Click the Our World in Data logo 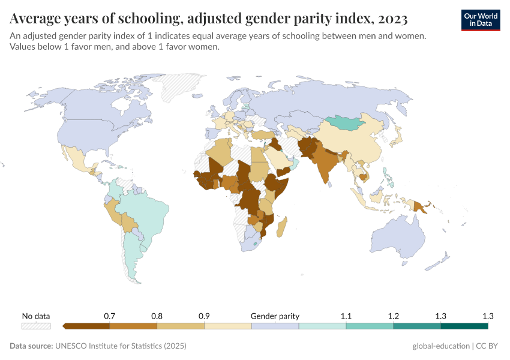[480, 20]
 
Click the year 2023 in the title [391, 19]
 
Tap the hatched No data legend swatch [36, 326]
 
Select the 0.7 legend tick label [109, 316]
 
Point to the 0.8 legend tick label [157, 316]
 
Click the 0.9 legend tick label [204, 316]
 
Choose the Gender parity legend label [275, 316]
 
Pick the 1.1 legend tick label [346, 316]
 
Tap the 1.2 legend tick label [394, 316]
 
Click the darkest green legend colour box [464, 326]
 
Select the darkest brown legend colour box [86, 326]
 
